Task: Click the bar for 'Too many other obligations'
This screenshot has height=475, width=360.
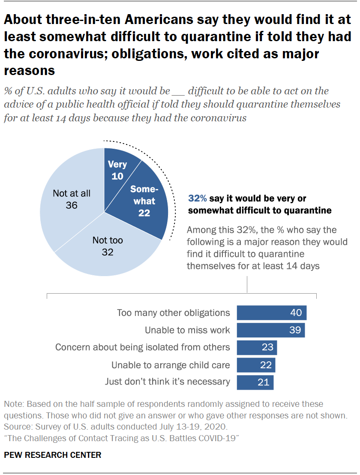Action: tap(271, 313)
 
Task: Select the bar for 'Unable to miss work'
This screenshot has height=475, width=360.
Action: tap(270, 330)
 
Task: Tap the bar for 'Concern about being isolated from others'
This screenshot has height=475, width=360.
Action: tap(256, 347)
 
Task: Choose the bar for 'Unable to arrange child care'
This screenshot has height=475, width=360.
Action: tap(255, 365)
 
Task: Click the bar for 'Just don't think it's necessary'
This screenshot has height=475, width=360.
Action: tap(255, 382)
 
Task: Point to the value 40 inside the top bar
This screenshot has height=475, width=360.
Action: tap(296, 313)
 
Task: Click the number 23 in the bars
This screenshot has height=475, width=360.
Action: tap(267, 347)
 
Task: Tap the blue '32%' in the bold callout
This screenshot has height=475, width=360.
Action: tap(198, 199)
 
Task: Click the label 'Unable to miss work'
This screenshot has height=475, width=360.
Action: tap(187, 330)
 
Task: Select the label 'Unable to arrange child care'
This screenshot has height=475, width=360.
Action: tap(171, 365)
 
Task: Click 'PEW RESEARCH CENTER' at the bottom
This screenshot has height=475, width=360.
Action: tap(53, 455)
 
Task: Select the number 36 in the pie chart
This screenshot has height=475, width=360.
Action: tap(72, 205)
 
